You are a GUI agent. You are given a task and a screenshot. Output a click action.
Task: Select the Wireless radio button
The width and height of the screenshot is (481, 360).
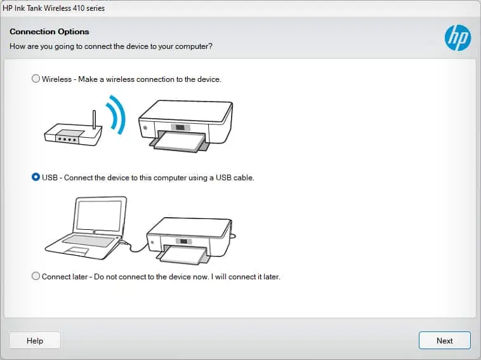click(36, 79)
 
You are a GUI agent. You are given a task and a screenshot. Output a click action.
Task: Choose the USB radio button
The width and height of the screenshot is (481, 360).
click(36, 178)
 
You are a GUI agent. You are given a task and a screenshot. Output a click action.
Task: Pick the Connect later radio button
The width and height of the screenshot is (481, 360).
click(36, 277)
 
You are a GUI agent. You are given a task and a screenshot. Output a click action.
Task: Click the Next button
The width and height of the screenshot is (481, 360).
click(444, 340)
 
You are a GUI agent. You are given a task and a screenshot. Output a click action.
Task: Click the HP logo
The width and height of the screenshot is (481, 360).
click(458, 38)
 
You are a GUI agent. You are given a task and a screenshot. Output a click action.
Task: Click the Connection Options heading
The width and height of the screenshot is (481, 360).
click(49, 32)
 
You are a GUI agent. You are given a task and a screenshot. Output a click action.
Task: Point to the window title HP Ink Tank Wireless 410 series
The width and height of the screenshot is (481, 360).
click(54, 8)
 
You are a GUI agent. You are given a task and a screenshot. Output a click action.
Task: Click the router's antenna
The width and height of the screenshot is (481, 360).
click(94, 119)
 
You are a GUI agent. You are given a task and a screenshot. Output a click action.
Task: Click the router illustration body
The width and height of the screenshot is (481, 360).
click(72, 137)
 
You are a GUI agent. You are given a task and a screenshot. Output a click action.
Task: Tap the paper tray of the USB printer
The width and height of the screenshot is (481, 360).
click(184, 257)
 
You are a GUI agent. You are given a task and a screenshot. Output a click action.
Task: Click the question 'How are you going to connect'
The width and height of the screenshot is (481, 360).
click(111, 46)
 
